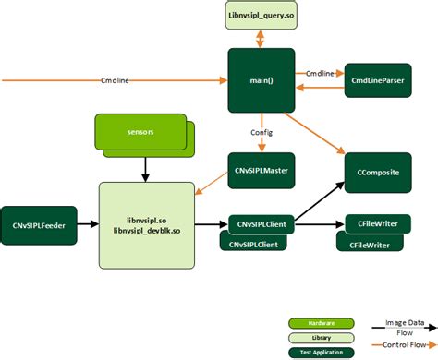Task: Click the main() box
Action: [x=262, y=80]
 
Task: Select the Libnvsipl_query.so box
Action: [x=262, y=16]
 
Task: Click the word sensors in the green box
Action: [x=140, y=132]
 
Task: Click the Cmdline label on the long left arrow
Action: [x=114, y=80]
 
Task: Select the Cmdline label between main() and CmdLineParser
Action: [x=320, y=73]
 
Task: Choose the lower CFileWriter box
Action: [x=368, y=244]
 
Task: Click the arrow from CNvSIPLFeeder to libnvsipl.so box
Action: [x=88, y=223]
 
